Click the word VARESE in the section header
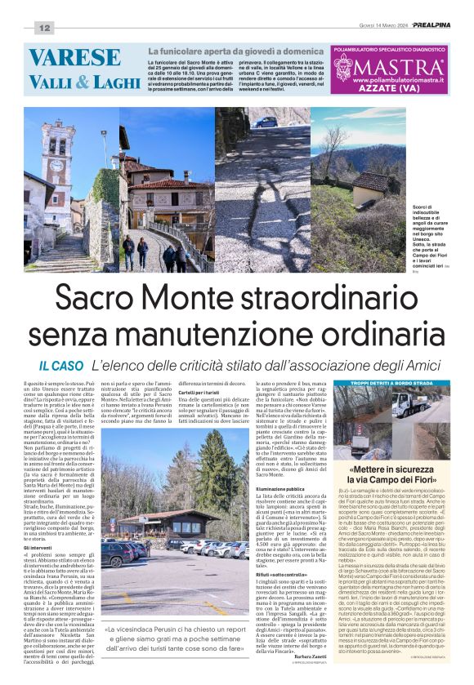click(x=74, y=57)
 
